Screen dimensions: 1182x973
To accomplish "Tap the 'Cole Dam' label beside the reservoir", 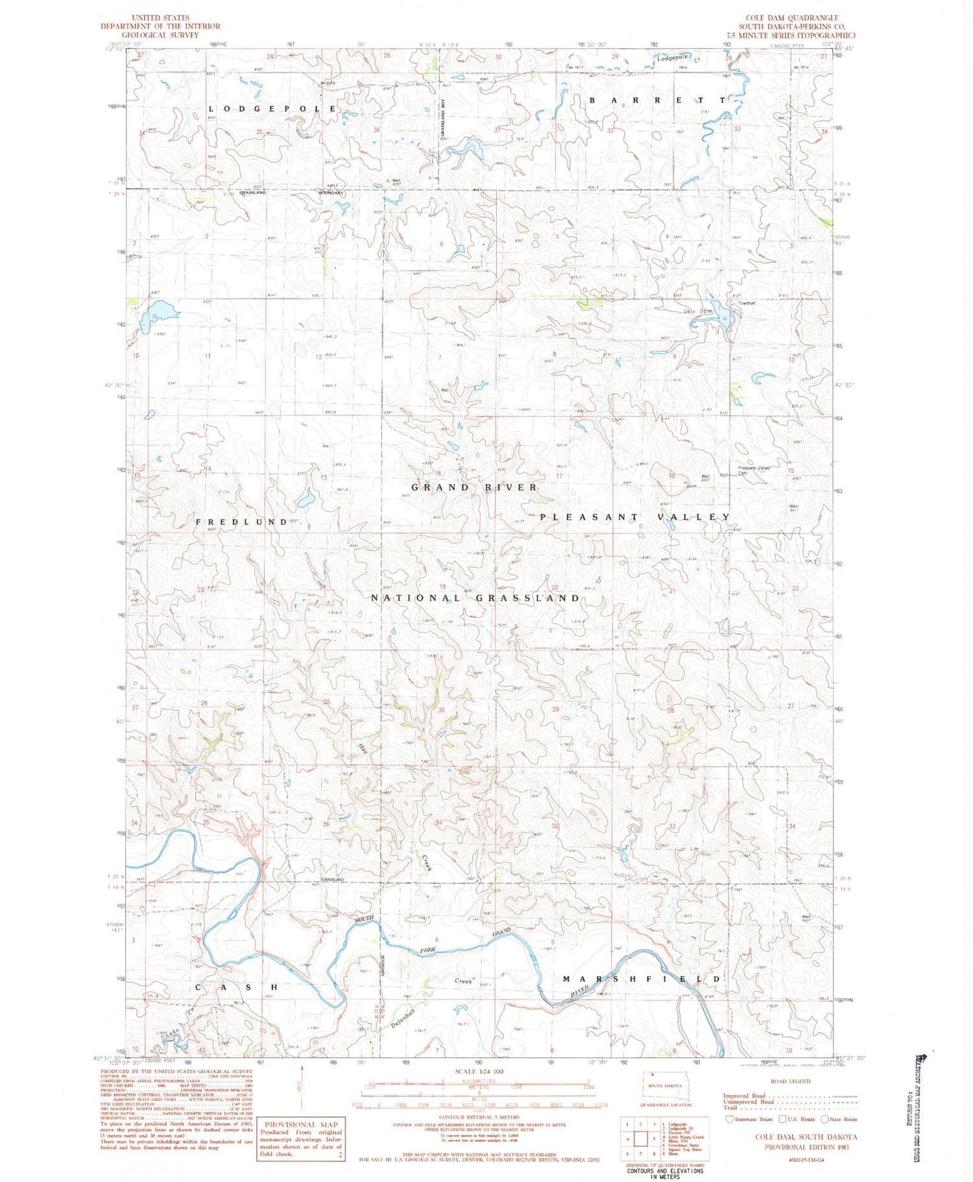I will pos(698,311).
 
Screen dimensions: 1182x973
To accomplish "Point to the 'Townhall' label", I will pos(746,303).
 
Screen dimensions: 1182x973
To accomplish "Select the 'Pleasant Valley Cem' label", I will pos(752,470).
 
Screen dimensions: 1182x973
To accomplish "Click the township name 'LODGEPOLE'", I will pos(273,108).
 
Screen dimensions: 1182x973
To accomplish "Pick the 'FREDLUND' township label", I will pos(241,522).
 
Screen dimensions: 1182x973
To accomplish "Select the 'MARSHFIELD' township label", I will pos(641,979).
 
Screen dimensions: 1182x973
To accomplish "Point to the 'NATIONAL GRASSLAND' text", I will pos(475,598).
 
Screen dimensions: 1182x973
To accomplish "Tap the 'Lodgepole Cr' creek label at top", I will pos(679,59).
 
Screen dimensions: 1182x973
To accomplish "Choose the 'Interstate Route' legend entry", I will pos(749,1119).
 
